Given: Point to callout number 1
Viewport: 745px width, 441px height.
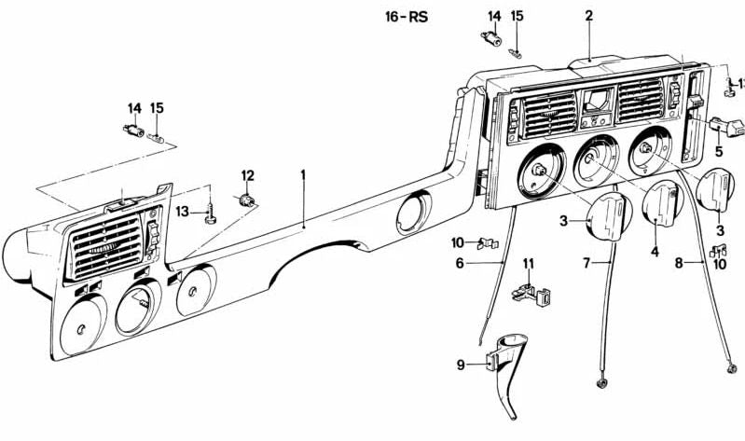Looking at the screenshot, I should tap(303, 175).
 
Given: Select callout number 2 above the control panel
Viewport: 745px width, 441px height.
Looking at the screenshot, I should tap(588, 15).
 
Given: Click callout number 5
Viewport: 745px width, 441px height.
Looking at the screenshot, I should tap(719, 150).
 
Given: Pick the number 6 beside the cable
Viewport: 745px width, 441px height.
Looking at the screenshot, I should tap(459, 264).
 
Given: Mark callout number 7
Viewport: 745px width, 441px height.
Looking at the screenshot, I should tap(587, 264).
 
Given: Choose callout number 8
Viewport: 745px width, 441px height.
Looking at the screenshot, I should tap(679, 264).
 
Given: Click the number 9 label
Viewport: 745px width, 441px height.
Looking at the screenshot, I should tap(460, 365).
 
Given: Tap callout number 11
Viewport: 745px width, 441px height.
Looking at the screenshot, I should tap(528, 264).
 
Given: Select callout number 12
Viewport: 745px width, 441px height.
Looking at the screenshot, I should tap(247, 175).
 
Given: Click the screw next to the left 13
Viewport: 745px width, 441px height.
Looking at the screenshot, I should tap(213, 215).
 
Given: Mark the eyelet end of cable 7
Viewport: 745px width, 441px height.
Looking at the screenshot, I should tap(600, 381).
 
